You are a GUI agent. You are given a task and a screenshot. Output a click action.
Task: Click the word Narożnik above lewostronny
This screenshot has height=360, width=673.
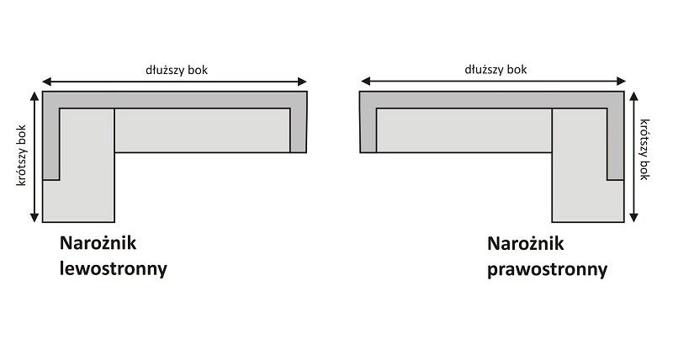click(x=98, y=244)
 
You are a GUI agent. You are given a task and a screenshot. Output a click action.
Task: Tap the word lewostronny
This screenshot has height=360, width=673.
click(x=113, y=270)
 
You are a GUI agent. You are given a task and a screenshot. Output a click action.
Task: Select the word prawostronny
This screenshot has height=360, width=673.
click(x=547, y=270)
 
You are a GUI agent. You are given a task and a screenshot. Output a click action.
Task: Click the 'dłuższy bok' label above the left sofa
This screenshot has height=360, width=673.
click(x=175, y=70)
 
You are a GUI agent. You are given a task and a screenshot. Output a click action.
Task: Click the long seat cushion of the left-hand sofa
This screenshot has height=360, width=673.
click(x=202, y=130)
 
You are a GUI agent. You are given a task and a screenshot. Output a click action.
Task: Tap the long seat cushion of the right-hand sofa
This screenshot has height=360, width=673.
click(x=464, y=130)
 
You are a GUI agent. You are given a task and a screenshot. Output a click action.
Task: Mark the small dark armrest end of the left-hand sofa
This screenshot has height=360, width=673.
click(x=298, y=130)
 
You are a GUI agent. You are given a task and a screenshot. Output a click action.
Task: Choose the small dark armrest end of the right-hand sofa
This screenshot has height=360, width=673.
click(x=368, y=130)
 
